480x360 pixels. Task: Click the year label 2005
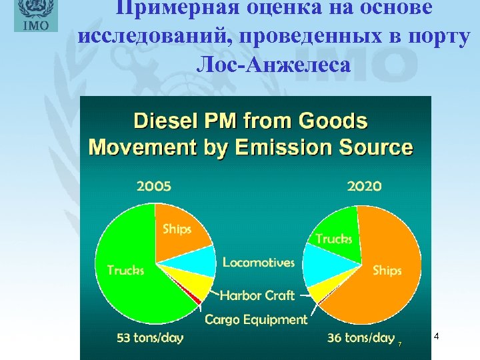pos(153,186)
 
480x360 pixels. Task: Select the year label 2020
pos(364,186)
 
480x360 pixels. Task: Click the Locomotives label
pos(258,263)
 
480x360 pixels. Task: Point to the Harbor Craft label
pos(258,295)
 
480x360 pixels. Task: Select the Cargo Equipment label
pos(256,319)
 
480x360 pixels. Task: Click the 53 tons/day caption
pos(150,338)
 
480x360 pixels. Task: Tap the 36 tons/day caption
pos(361,338)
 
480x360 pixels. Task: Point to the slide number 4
pos(436,337)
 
